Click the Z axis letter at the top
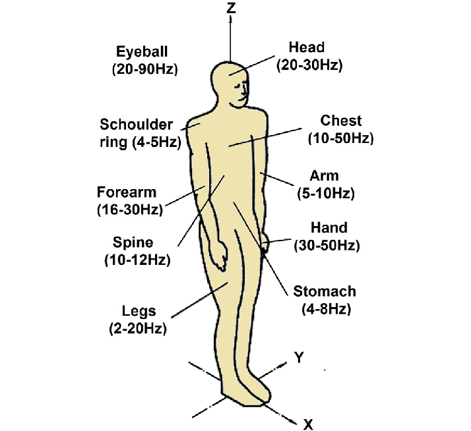[x=231, y=8]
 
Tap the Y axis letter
[x=299, y=357]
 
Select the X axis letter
[x=307, y=422]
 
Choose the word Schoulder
[x=137, y=125]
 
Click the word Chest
[x=341, y=121]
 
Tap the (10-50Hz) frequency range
[x=340, y=138]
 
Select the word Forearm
[x=127, y=193]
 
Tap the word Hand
[x=328, y=228]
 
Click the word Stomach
[x=325, y=291]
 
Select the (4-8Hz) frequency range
[x=325, y=308]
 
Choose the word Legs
[x=139, y=310]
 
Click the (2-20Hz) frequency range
[x=137, y=328]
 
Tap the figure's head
[x=231, y=82]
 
